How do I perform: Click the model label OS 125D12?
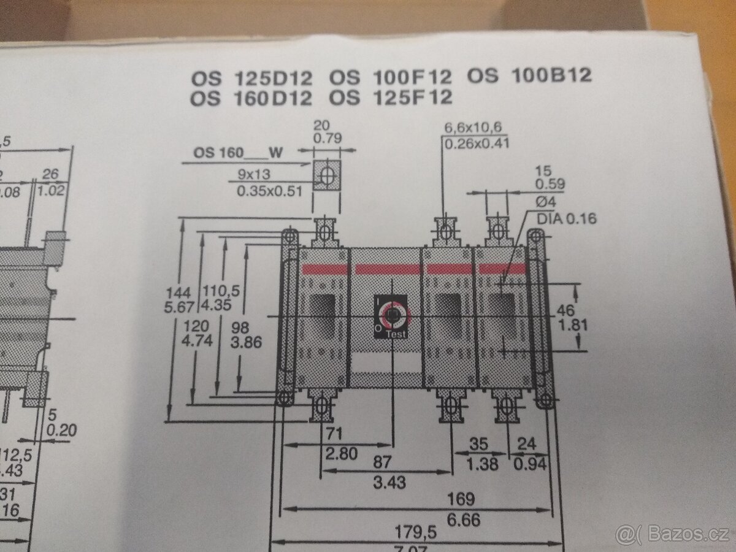click(x=251, y=78)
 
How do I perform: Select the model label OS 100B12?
click(x=529, y=75)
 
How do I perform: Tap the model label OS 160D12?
click(x=251, y=98)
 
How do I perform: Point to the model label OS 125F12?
click(x=391, y=97)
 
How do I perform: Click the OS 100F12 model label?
click(x=391, y=77)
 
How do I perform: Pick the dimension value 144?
click(x=178, y=292)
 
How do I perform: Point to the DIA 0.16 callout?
click(x=566, y=218)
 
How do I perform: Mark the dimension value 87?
click(x=389, y=461)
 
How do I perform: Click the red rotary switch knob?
click(x=391, y=315)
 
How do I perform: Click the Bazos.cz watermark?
click(x=673, y=533)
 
